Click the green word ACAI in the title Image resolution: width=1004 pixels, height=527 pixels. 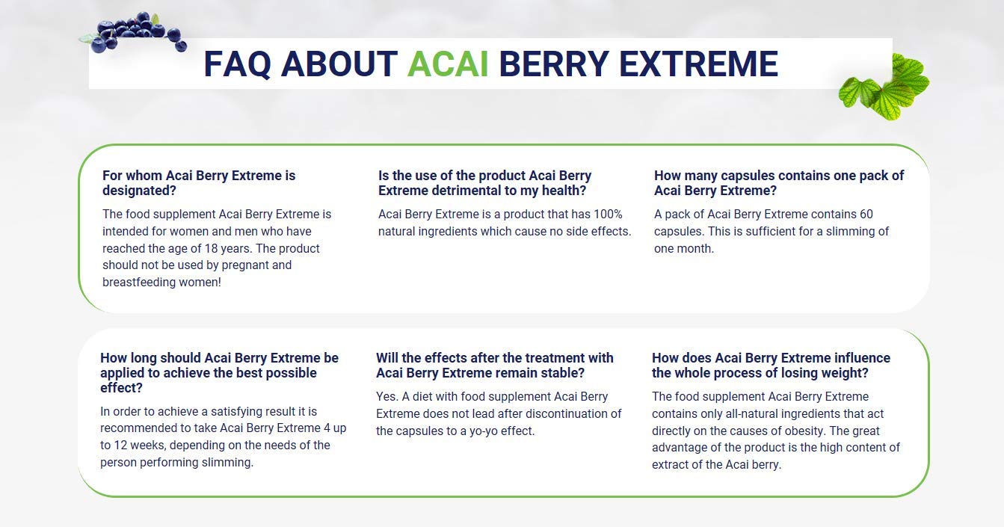pos(447,64)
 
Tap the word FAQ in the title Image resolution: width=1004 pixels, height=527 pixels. pos(238,64)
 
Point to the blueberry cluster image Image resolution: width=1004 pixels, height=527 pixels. pos(135,31)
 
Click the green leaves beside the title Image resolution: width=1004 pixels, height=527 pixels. pos(884,87)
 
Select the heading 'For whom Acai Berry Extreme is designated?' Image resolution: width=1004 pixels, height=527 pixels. pos(199,183)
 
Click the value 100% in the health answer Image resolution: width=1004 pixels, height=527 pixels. pos(608,215)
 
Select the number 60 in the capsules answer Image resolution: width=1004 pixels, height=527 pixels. pos(866,215)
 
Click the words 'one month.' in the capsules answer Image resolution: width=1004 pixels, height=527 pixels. pos(683,248)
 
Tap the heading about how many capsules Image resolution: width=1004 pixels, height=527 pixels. pos(778,183)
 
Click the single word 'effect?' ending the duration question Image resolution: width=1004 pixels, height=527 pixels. pos(121,388)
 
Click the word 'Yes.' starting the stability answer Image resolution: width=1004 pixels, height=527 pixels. pos(386,397)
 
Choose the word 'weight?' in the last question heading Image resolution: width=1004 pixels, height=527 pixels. pos(846,373)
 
